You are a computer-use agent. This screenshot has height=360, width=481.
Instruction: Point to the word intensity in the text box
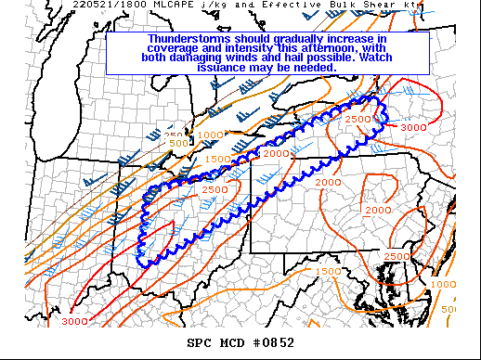[241, 49]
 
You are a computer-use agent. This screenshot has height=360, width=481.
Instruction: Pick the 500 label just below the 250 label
[176, 143]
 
